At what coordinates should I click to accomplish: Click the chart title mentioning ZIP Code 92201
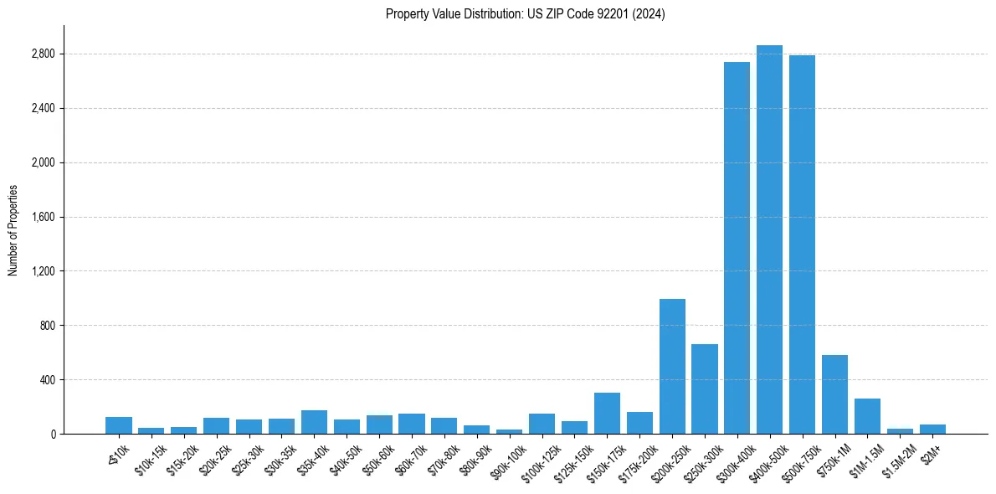coord(525,13)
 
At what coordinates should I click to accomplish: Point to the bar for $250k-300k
coord(704,389)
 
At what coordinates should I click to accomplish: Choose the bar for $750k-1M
coord(834,394)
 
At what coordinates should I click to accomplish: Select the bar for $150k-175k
coord(607,414)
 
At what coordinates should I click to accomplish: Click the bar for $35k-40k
coord(314,422)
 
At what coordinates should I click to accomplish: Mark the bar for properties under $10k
coord(119,425)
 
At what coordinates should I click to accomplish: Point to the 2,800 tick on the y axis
coord(43,54)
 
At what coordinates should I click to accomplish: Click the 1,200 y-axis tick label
coord(43,271)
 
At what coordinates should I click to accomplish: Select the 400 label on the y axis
coord(47,380)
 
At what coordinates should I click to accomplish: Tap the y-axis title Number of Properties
coord(13,230)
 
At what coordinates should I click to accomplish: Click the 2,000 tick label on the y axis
coord(43,162)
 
